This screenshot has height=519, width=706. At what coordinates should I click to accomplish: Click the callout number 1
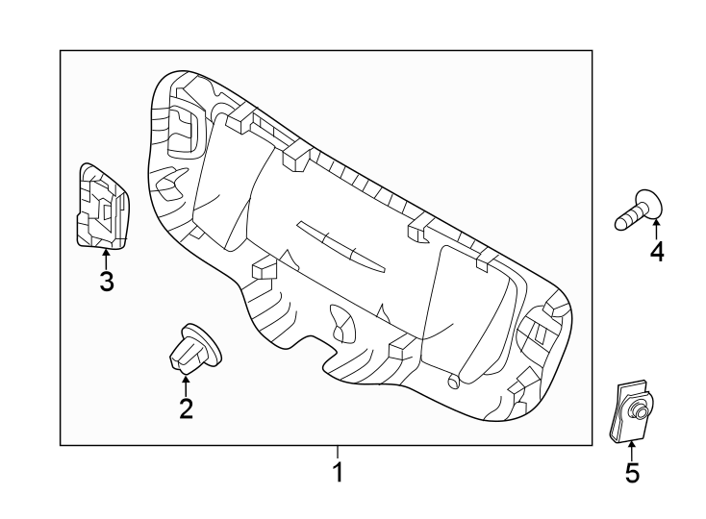point(338,473)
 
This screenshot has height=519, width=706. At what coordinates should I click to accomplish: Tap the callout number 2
point(186,408)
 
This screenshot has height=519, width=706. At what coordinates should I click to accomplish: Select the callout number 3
point(107,282)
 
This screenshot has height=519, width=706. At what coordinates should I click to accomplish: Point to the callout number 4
point(657,252)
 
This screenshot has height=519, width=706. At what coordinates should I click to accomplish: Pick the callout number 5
point(632,473)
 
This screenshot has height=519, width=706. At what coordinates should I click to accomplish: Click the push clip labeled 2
point(191,351)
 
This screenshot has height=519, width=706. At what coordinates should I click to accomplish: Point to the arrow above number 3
point(106,258)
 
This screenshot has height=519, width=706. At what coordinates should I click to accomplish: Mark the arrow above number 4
point(657,229)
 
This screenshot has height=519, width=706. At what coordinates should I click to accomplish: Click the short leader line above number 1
point(338,453)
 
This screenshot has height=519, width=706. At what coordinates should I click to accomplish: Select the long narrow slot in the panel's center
point(340,246)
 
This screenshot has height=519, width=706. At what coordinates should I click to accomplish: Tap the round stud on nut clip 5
point(638,412)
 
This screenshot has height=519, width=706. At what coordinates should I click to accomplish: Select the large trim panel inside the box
point(366,250)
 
